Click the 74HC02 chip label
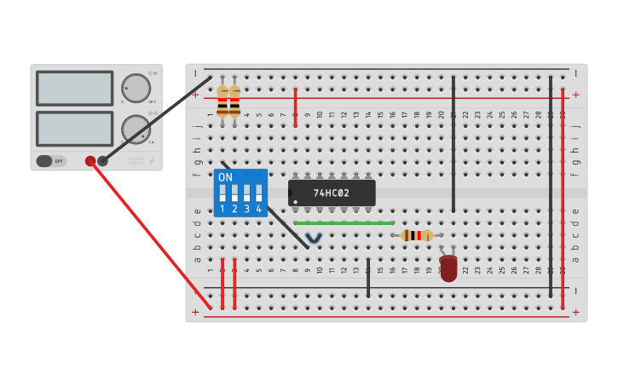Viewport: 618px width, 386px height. (331, 193)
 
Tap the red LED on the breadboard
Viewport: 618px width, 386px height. (448, 268)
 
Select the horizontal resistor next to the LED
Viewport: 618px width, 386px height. (417, 235)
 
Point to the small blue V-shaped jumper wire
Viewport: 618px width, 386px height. (314, 238)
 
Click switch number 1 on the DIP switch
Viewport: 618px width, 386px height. (222, 193)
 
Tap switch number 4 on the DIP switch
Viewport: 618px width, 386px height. (258, 193)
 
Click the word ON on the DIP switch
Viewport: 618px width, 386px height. (225, 177)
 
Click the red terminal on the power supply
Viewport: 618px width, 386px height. (90, 160)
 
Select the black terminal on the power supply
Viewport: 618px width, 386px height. (103, 160)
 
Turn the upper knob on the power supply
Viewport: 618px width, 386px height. (135, 88)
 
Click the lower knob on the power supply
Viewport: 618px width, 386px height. (135, 130)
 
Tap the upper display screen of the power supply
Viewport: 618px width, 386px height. (75, 88)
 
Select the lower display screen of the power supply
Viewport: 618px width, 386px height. (75, 129)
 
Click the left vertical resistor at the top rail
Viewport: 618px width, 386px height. (222, 101)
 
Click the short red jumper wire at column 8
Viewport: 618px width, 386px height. (296, 107)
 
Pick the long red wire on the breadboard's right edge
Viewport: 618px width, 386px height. (563, 196)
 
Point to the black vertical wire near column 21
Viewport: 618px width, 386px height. (453, 145)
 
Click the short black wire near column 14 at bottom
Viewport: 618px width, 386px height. (368, 278)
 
